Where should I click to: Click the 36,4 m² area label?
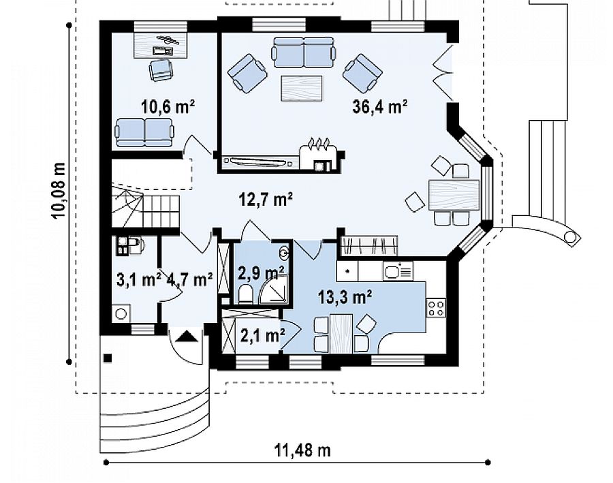click(380, 106)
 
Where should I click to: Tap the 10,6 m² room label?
click(168, 106)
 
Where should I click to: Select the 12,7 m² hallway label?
click(266, 200)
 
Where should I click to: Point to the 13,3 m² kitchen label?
click(345, 297)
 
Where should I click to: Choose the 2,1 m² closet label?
click(262, 336)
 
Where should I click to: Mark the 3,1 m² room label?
click(139, 279)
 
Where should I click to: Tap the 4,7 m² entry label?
click(190, 279)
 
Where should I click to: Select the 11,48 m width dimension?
click(302, 450)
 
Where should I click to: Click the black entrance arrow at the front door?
click(187, 337)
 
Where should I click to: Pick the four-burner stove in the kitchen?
click(437, 307)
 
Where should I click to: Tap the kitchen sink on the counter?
click(398, 270)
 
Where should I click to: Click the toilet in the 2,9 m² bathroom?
click(245, 294)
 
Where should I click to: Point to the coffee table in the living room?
click(302, 89)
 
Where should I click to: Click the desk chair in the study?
click(161, 69)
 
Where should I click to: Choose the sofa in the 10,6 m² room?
click(144, 133)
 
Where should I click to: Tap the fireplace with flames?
click(318, 157)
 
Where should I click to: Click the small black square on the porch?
click(108, 358)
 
